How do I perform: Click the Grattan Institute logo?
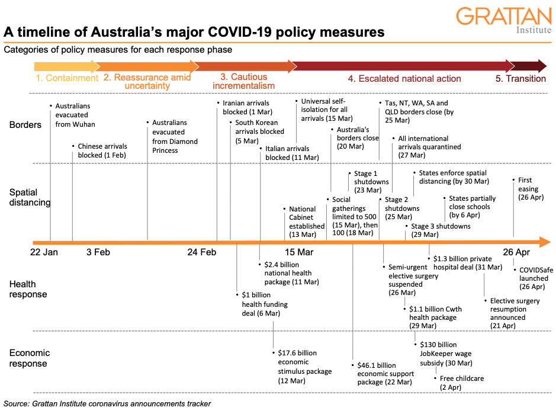[503, 21]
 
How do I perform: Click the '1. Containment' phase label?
[67, 78]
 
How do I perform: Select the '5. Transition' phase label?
[520, 78]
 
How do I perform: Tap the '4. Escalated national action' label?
[404, 78]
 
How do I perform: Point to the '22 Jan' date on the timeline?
[44, 252]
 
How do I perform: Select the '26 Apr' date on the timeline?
[516, 252]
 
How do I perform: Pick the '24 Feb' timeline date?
[201, 252]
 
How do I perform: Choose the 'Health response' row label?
[28, 290]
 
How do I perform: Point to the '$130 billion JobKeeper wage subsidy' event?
[446, 354]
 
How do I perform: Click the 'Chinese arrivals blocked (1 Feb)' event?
[102, 150]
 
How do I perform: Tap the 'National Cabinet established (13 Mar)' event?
[306, 217]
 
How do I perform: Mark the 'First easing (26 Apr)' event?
[529, 189]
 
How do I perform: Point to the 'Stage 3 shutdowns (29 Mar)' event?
[441, 230]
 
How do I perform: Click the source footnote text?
[107, 404]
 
